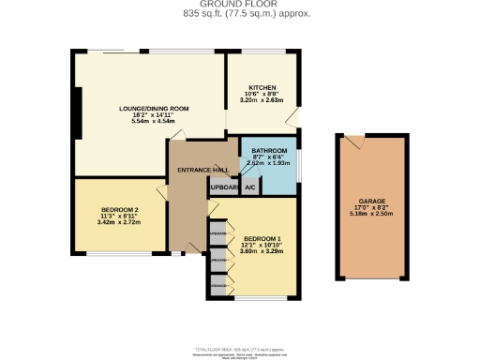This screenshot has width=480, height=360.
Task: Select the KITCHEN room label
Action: pos(262,86)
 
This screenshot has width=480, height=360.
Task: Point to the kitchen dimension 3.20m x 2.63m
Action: pos(262,100)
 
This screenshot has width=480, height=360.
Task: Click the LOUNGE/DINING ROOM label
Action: pos(154,109)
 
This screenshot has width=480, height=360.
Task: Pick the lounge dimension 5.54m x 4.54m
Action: pos(154,122)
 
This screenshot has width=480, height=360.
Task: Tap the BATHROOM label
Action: pos(269,150)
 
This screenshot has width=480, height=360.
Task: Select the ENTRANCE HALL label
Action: pos(203,170)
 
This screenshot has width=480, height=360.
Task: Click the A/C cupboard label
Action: pos(250,187)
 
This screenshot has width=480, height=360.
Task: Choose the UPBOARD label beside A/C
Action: pos(224,187)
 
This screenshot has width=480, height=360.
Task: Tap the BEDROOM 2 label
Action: pos(120,209)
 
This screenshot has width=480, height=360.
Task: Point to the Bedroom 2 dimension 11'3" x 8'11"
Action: pos(120,217)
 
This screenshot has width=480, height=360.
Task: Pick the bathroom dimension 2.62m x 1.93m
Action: pos(269,163)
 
